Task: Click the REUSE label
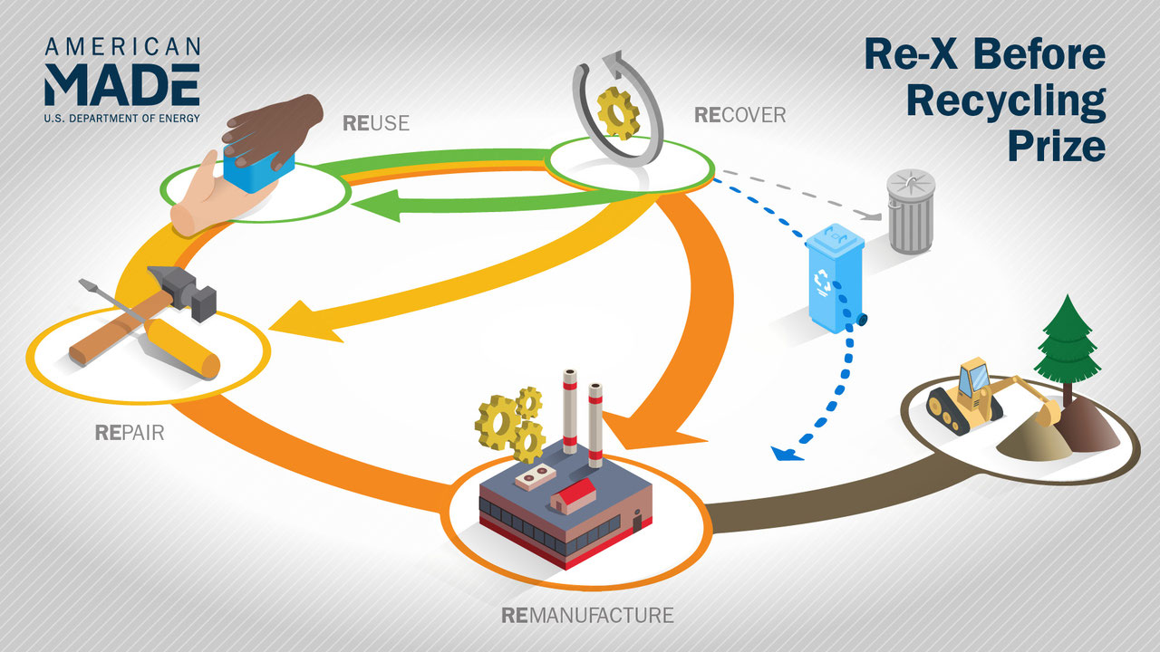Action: click(376, 122)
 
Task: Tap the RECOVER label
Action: click(739, 115)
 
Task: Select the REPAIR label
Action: click(130, 432)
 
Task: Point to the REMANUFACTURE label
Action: click(587, 616)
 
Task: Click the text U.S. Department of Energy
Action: click(121, 117)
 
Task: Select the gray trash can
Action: click(911, 212)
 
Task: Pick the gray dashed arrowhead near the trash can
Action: click(875, 216)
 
